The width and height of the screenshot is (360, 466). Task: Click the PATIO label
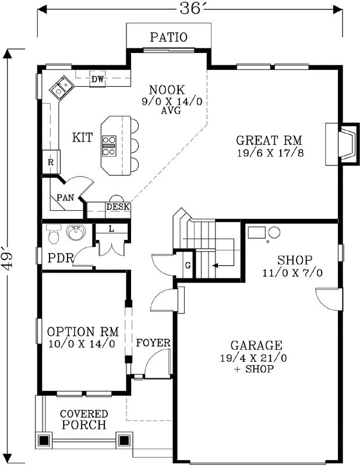point(169,38)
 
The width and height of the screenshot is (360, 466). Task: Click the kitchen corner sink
point(61,88)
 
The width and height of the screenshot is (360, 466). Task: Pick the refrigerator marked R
point(51,163)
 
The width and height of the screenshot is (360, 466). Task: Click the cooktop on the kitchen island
point(109,146)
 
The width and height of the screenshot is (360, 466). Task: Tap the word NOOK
point(167,90)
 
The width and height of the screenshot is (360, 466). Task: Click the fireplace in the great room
point(343,143)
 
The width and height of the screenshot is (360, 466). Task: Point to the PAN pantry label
point(65,197)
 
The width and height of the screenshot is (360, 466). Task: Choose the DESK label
point(118,207)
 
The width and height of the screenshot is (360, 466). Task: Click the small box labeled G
point(188,266)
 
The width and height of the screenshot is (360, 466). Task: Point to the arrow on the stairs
point(216,265)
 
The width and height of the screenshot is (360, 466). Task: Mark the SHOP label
point(295,260)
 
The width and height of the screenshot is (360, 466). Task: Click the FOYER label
point(153,343)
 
